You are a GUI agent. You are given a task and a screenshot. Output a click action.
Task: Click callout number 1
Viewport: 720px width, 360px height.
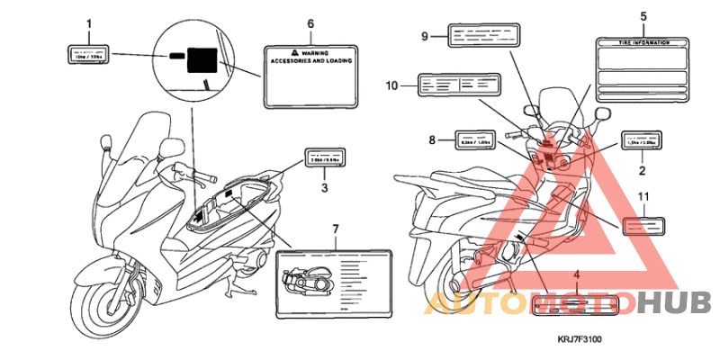88,22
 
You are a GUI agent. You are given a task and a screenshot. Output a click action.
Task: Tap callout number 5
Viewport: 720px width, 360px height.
643,15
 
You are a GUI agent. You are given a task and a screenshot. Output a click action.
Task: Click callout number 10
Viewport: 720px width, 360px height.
391,85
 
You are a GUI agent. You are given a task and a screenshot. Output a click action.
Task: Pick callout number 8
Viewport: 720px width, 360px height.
432,139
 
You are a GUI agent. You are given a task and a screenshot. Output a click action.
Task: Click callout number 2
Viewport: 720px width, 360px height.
643,168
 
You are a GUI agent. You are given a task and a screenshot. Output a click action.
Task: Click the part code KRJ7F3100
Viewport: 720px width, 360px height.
578,340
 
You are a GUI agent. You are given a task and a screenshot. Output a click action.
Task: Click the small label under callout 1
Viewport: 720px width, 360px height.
88,53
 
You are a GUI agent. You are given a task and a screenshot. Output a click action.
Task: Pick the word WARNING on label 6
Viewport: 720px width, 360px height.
315,54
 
